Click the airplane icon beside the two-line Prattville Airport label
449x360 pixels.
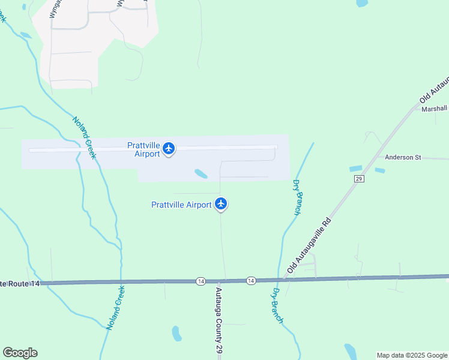click(x=169, y=148)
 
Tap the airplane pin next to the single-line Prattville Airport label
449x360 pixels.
click(x=221, y=204)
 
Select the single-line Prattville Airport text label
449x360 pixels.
click(x=181, y=205)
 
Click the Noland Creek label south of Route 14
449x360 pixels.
click(x=115, y=307)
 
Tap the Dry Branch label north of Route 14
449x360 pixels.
click(x=297, y=197)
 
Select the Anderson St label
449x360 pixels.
click(x=403, y=157)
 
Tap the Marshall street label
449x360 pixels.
click(x=434, y=109)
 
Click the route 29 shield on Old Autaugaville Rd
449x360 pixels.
click(x=359, y=179)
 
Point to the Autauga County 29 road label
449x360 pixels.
click(x=219, y=320)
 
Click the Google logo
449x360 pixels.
click(x=20, y=353)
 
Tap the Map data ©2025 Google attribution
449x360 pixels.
click(x=412, y=355)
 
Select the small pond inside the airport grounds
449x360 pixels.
click(x=201, y=174)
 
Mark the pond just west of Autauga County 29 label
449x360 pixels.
click(x=176, y=334)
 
